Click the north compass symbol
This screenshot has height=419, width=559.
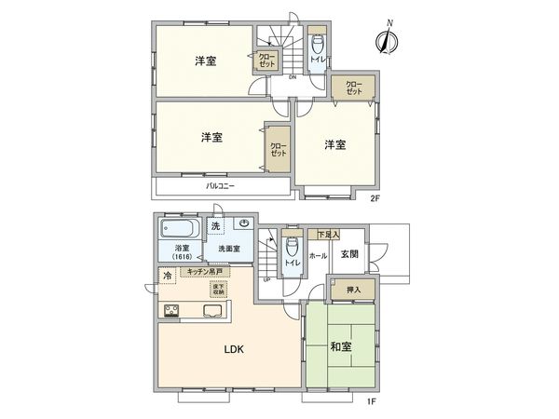coord(389,38)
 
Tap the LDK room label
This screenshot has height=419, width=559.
coord(233,351)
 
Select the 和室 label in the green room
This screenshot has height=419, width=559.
coord(340,347)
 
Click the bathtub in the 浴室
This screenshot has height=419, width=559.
coord(178,228)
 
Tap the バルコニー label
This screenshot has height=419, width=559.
coord(220,186)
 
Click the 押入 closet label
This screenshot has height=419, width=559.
coord(352,291)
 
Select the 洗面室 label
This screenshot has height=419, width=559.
coord(229,250)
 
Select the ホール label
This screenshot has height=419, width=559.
coord(317,255)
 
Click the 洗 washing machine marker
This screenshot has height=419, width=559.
coord(215,226)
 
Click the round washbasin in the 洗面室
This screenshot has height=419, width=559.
coord(243,223)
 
